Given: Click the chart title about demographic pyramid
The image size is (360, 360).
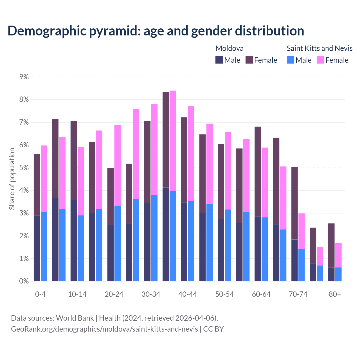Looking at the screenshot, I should click(156, 31).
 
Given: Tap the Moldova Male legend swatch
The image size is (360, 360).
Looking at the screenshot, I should click(219, 60).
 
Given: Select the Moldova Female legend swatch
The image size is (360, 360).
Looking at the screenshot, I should click(249, 60).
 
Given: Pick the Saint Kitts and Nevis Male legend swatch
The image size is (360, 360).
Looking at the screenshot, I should click(291, 60).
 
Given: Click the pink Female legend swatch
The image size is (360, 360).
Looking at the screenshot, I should click(320, 60).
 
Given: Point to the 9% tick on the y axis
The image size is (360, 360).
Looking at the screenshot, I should click(24, 77).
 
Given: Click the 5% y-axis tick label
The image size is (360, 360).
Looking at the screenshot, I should click(24, 168).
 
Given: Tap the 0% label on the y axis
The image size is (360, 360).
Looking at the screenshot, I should click(24, 281).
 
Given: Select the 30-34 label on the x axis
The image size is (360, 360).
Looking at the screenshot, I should click(151, 294).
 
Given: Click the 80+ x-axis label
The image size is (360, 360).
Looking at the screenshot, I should click(335, 294).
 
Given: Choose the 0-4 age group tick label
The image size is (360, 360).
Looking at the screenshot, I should click(40, 294).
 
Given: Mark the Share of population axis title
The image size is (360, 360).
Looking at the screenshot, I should click(12, 179).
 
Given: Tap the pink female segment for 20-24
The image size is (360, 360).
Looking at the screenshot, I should click(118, 165).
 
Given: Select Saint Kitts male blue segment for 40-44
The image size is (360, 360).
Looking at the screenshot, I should click(191, 241).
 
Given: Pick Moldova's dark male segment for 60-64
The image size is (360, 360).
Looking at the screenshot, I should click(258, 249).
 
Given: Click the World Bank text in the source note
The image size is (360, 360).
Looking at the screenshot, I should click(75, 318).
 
